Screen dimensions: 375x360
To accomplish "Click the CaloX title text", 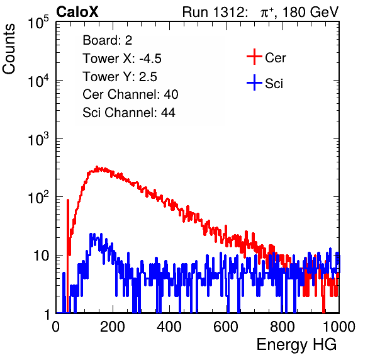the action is click(x=77, y=12).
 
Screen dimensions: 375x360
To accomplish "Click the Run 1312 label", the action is click(x=215, y=12).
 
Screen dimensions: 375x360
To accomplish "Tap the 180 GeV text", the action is click(x=311, y=12).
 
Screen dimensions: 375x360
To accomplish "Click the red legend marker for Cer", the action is click(x=254, y=57).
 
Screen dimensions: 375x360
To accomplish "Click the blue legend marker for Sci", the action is click(x=254, y=83).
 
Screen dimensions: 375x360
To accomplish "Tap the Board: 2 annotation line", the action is click(x=108, y=40).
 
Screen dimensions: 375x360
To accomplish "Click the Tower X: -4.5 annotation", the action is click(x=122, y=59).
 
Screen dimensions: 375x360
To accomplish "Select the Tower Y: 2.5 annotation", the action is click(x=120, y=77).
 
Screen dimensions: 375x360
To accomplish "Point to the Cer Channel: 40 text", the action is click(x=130, y=94).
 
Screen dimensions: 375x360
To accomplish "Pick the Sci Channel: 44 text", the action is click(x=129, y=113).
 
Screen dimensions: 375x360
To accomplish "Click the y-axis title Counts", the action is click(x=9, y=49).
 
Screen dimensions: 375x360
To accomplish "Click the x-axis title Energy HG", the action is click(x=296, y=345).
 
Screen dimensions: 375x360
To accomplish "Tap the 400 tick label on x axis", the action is click(x=169, y=327).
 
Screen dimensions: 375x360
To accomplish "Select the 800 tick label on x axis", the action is click(x=283, y=327).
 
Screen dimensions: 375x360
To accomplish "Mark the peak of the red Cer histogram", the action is click(x=97, y=167).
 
